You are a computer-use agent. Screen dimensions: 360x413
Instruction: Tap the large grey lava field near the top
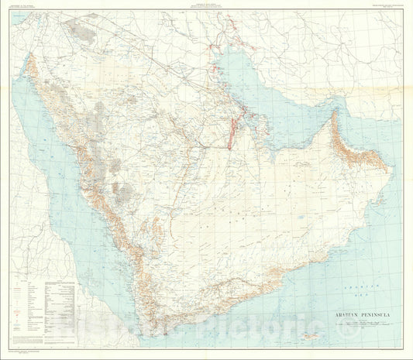click(81, 31)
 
